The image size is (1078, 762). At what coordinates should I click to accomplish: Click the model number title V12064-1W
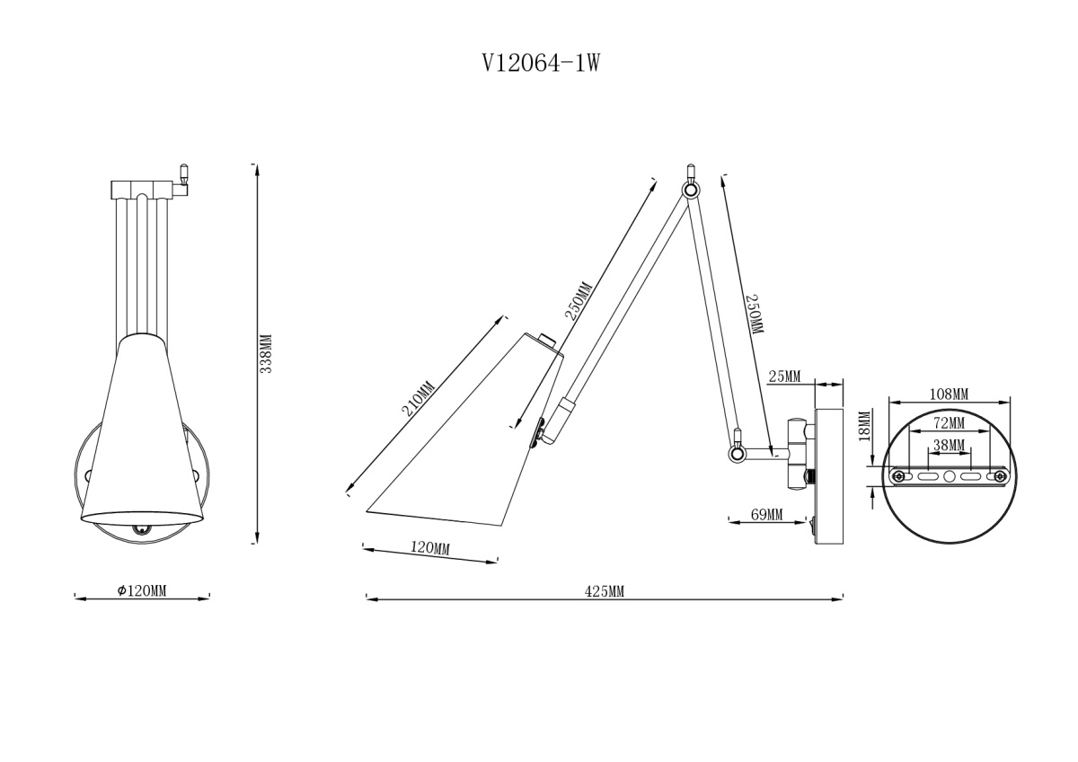tap(542, 63)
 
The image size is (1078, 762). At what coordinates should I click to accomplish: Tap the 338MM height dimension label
tap(266, 353)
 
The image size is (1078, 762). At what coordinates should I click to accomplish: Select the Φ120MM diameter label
tap(142, 590)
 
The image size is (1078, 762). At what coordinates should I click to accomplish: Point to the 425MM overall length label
tap(605, 591)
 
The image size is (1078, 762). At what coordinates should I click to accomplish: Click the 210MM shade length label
tap(419, 398)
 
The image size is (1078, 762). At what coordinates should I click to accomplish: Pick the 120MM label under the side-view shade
tap(429, 548)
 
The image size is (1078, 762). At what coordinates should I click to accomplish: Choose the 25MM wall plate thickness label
tap(784, 376)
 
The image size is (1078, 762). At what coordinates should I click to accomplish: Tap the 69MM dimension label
tap(767, 515)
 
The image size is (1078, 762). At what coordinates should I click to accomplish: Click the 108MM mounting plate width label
tap(949, 394)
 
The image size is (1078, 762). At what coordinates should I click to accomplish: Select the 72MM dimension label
tap(949, 422)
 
